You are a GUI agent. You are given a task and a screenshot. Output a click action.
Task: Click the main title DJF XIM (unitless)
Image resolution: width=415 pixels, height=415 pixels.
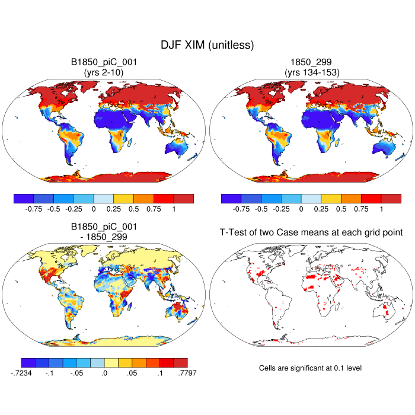[207, 45]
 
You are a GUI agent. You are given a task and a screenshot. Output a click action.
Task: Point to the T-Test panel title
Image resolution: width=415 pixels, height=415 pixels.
[311, 234]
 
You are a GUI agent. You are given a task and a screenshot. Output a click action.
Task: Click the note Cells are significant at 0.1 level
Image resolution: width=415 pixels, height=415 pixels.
[311, 368]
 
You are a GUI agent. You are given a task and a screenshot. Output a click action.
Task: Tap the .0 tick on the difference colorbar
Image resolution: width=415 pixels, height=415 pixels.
[104, 373]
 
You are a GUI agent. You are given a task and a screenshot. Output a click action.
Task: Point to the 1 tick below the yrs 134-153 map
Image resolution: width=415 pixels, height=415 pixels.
[381, 209]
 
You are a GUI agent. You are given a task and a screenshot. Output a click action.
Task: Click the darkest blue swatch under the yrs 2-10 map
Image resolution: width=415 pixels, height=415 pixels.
[24, 198]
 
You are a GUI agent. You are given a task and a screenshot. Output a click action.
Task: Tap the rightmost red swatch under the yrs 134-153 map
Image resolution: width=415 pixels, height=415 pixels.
[391, 198]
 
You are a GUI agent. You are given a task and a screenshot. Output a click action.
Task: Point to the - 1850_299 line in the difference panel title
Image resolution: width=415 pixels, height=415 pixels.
[104, 237]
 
